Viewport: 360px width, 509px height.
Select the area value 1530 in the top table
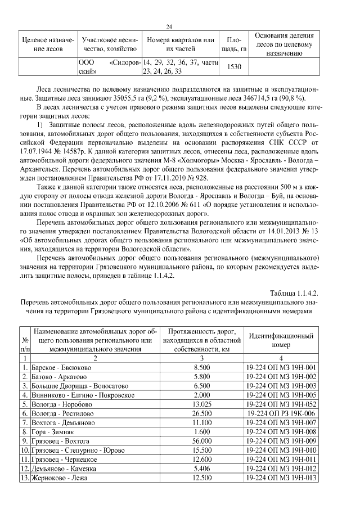pos(233,67)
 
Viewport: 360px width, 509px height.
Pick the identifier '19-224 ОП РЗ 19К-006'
pos(280,413)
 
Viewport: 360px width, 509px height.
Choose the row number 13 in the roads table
pos(25,478)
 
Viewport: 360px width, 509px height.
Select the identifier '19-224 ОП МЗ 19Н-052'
pos(280,404)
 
